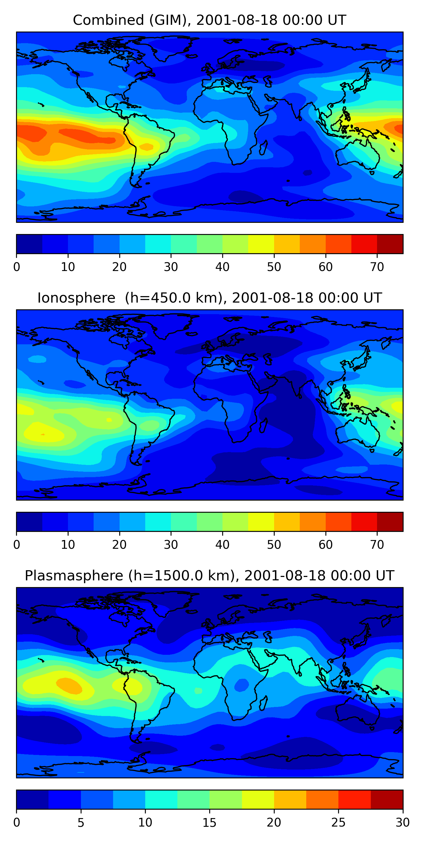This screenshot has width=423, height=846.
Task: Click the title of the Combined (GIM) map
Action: coord(209,20)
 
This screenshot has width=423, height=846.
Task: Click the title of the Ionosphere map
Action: coord(209,298)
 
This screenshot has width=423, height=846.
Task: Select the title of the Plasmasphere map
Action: coord(209,576)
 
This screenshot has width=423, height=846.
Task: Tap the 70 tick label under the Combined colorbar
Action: coord(377,267)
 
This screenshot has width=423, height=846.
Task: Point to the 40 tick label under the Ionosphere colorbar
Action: coord(222,545)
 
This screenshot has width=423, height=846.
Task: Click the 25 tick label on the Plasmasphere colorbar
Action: coord(338,822)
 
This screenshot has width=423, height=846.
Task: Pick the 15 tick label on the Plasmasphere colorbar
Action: coord(209,822)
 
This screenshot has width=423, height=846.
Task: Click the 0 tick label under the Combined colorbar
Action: coord(17,267)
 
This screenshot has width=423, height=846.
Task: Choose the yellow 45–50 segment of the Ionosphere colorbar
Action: coord(261,521)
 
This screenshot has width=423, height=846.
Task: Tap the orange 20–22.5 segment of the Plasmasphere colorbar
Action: coord(290,799)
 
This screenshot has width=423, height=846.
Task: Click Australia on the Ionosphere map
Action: coord(358,433)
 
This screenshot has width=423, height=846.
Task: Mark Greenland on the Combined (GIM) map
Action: coord(171,48)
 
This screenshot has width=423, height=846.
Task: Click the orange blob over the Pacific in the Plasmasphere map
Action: coord(69,686)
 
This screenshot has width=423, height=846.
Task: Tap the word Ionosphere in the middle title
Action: coord(76,298)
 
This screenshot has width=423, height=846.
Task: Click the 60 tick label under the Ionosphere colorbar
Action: coord(325,545)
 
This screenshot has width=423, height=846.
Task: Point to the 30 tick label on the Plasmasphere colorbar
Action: coord(402,822)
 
